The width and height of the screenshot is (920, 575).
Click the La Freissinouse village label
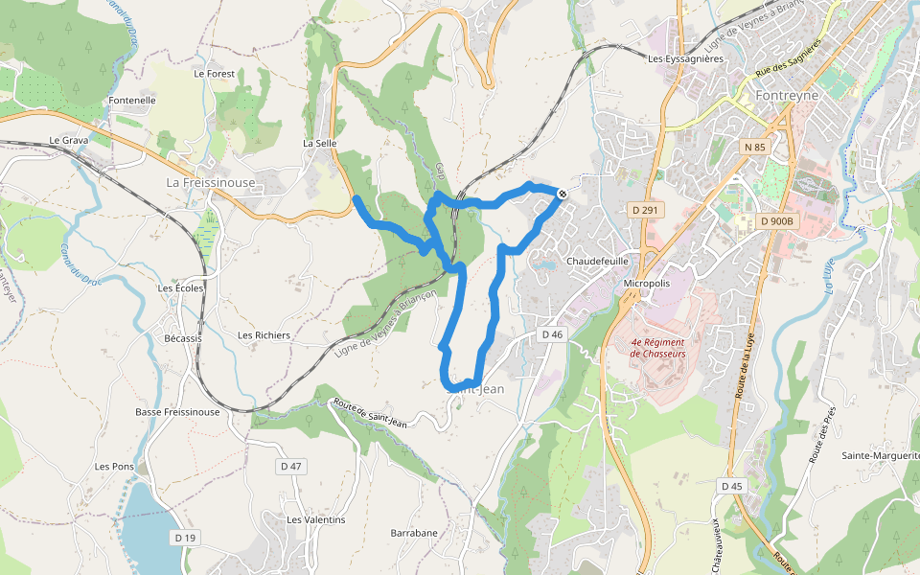point(211,182)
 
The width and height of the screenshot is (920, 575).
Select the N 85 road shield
point(754,147)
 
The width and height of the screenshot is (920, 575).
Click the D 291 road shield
point(645,209)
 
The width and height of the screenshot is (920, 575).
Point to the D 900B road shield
point(776,221)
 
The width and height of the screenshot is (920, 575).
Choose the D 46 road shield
point(551,333)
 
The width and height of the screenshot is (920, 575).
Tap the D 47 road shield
point(290,466)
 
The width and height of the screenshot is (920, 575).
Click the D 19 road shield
point(185,539)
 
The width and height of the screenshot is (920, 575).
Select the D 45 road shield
point(731,487)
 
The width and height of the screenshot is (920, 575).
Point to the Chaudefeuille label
point(597,260)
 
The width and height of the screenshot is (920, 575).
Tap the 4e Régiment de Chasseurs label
point(658,347)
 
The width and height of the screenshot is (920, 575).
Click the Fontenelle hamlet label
point(132,100)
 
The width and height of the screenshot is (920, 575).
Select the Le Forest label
point(214,73)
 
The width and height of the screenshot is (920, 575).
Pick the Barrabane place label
point(414,533)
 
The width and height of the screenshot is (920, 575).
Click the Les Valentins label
point(316,519)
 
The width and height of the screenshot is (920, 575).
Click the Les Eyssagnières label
point(684,58)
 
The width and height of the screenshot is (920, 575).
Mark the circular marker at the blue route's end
point(562,195)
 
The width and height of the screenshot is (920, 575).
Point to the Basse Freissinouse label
point(177,412)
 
